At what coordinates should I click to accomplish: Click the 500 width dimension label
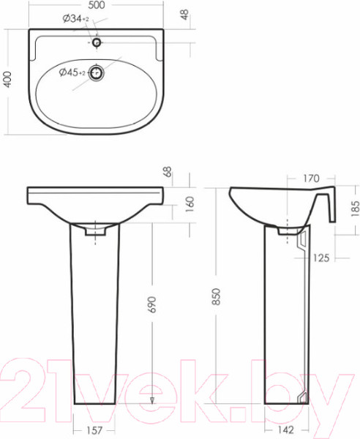click(x=97, y=5)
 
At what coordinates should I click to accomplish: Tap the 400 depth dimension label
click(x=7, y=80)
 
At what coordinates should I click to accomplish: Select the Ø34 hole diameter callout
click(x=75, y=19)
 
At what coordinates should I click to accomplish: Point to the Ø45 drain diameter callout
click(x=72, y=72)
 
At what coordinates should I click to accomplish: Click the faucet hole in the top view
click(x=97, y=43)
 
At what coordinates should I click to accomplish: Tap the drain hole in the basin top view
click(x=97, y=73)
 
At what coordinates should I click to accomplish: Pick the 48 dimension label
click(x=184, y=15)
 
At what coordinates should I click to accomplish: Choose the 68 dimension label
click(x=168, y=172)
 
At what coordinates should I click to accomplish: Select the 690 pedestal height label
click(x=151, y=304)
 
